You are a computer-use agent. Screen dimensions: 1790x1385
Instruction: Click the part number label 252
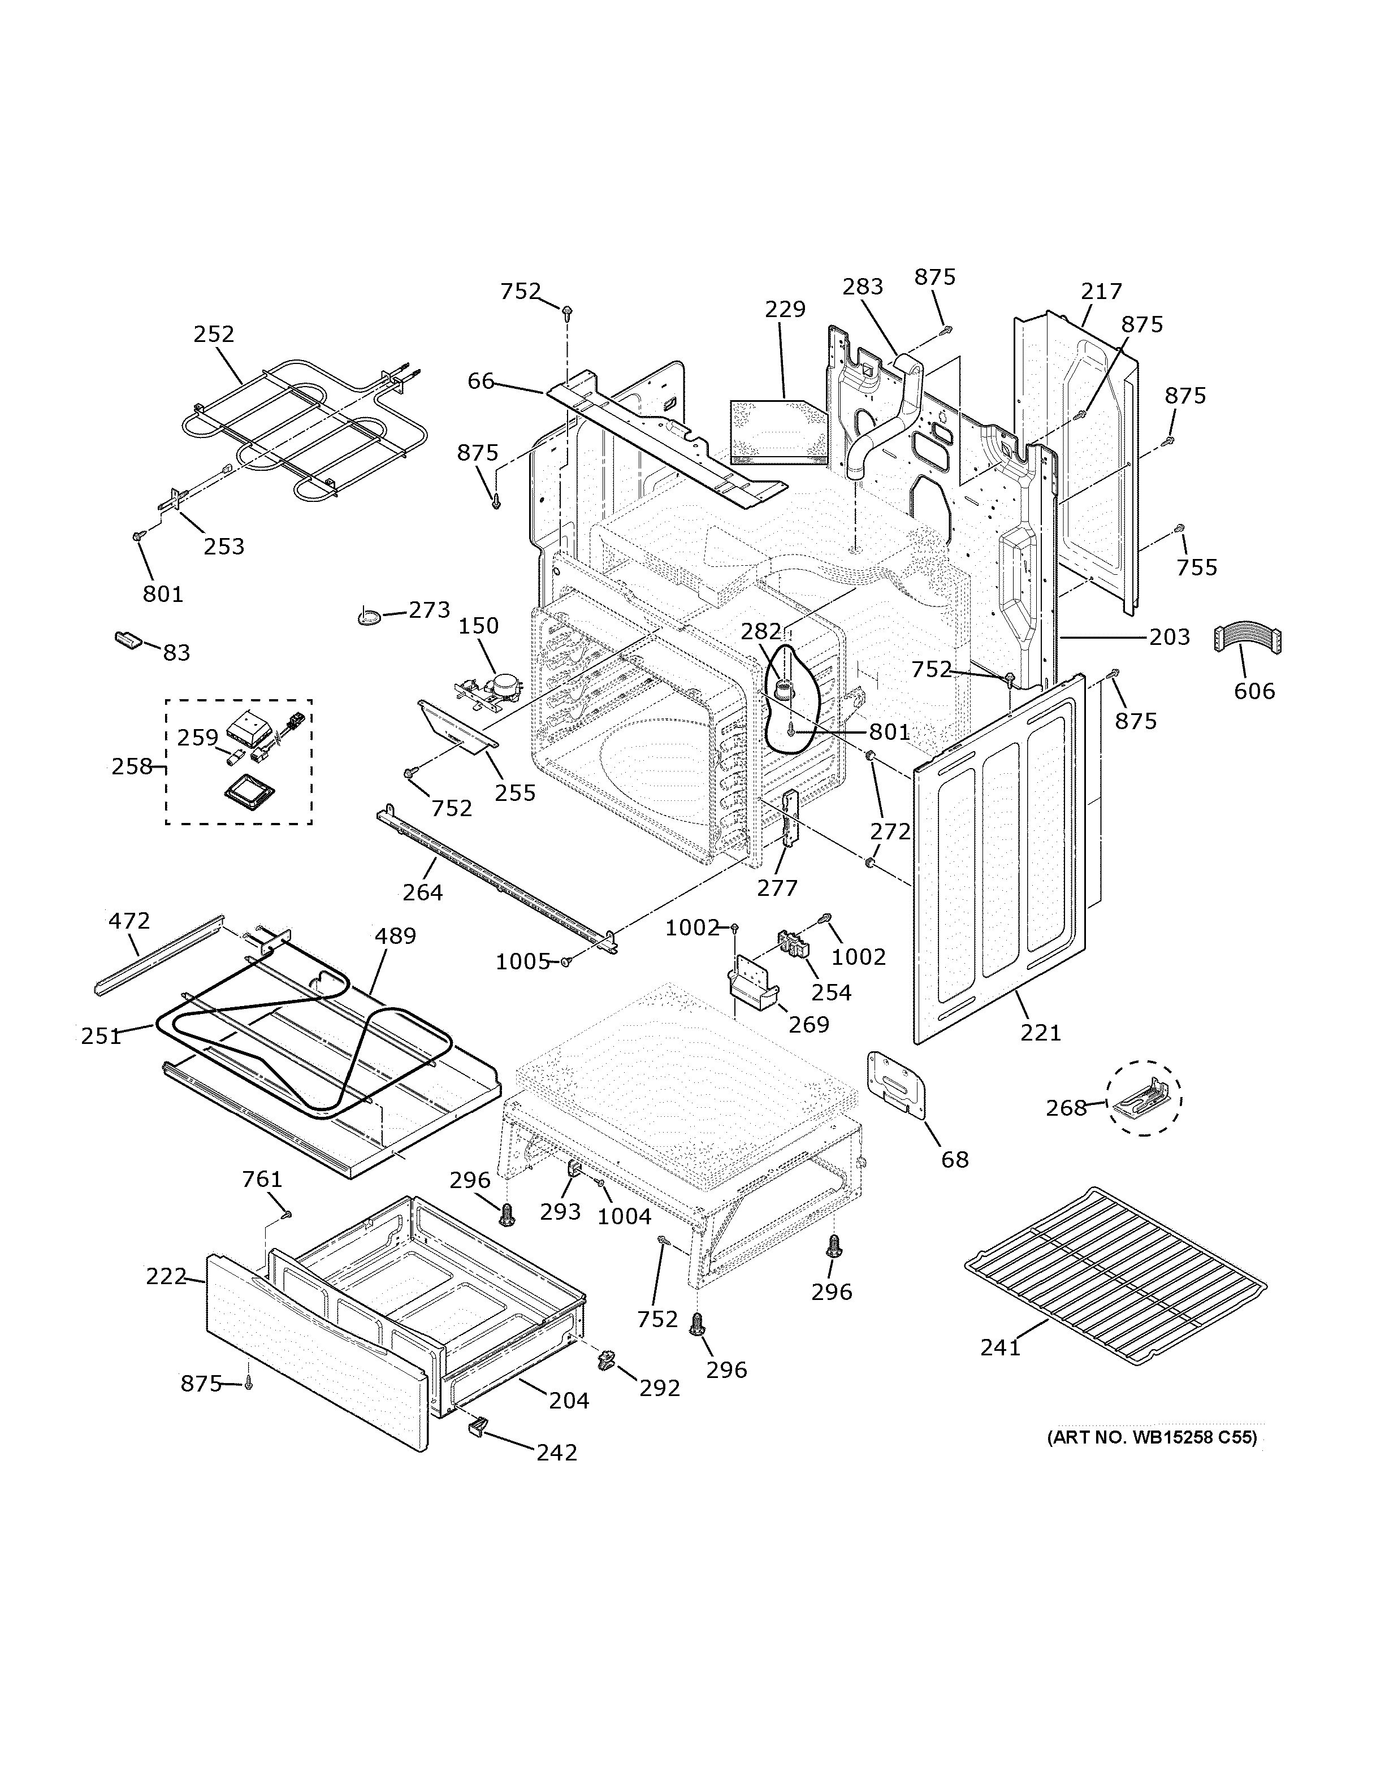click(214, 335)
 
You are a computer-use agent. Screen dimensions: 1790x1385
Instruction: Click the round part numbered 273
click(369, 616)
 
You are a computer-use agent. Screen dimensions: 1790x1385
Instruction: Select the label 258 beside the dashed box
click(132, 766)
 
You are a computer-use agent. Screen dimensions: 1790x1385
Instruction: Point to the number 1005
click(522, 961)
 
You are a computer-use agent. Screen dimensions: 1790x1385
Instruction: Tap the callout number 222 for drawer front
click(166, 1276)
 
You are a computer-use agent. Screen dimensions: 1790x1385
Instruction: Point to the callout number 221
click(1041, 1033)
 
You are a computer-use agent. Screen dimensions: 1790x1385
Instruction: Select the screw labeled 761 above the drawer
click(286, 1214)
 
